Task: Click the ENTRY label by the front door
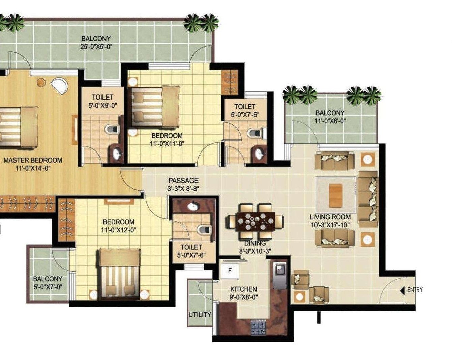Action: pos(415,289)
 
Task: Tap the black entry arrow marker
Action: pos(402,290)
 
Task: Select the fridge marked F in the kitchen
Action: pos(230,270)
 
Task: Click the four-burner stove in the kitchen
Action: pos(259,328)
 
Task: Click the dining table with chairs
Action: pos(254,222)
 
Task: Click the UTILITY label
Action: pos(200,315)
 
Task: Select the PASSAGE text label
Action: pos(183,181)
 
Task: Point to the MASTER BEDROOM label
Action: pos(33,160)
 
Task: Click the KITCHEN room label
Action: pos(243,289)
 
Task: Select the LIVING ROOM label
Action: pos(330,217)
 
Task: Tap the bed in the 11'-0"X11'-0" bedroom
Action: pos(155,106)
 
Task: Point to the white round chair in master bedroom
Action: pos(60,86)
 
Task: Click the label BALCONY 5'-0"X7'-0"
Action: pos(48,283)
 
